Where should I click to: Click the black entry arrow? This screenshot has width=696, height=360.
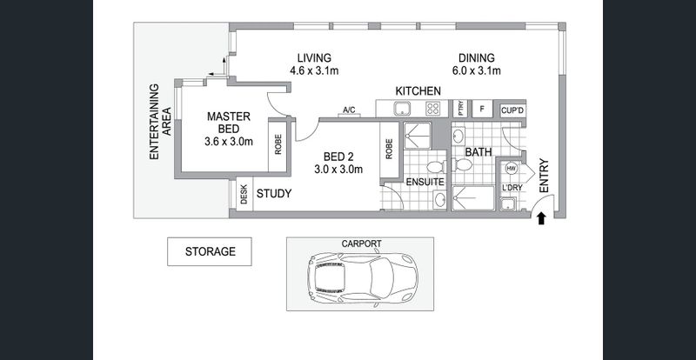(x=541, y=218)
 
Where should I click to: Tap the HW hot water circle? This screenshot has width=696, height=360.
(x=511, y=169)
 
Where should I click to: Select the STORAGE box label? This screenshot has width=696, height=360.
(x=210, y=251)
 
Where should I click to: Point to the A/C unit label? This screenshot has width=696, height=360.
(x=349, y=110)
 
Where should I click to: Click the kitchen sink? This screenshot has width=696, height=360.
(x=403, y=109)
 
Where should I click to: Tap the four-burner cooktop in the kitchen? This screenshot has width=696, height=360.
(x=432, y=109)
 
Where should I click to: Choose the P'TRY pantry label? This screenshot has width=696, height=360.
(x=460, y=109)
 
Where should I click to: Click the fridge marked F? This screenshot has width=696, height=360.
(x=482, y=109)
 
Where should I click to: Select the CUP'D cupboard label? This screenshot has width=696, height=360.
(x=512, y=110)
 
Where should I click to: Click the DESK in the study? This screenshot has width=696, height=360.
(x=244, y=194)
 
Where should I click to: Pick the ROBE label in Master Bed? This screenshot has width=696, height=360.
(x=278, y=144)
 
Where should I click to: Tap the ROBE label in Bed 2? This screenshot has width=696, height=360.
(x=389, y=149)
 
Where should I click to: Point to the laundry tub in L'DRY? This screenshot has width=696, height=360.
(x=507, y=204)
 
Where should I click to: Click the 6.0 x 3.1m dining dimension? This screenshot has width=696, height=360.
(x=476, y=70)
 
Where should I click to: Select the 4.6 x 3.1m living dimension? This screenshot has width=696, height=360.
(x=314, y=70)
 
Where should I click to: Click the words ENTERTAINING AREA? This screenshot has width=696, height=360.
(x=160, y=122)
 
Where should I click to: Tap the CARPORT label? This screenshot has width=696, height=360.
(x=361, y=243)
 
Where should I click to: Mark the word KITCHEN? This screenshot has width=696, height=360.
(x=418, y=91)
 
